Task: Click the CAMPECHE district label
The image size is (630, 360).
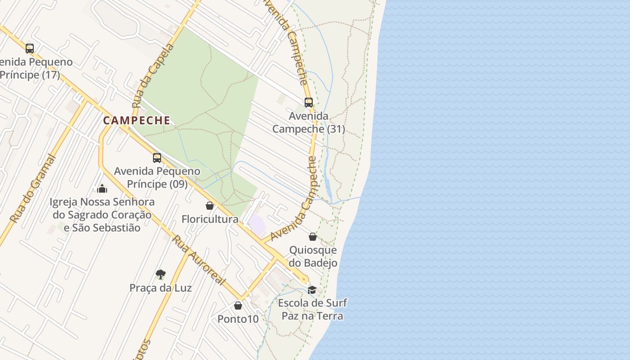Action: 137,121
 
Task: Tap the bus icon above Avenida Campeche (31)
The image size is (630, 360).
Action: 308,103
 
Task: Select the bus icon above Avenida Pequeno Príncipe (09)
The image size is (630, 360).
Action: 157,158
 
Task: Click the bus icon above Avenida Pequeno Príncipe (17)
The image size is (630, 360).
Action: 30,49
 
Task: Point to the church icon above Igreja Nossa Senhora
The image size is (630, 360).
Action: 102,188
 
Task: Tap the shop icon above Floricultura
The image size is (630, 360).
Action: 209,206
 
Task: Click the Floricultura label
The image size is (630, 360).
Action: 210,219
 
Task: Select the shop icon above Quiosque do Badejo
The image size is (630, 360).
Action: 313,237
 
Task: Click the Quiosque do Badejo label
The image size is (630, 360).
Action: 313,256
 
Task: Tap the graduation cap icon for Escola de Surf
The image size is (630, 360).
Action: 312,289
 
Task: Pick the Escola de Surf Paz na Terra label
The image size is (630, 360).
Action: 312,309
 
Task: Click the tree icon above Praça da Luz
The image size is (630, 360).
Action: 160,274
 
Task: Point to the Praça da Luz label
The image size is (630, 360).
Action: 161,288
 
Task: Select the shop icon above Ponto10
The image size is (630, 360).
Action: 238,306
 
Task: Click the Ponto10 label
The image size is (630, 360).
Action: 238,319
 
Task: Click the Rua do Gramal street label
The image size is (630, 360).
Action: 34,189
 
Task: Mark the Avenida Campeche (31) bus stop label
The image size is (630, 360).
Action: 309,122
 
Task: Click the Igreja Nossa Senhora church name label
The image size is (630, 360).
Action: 102,215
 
